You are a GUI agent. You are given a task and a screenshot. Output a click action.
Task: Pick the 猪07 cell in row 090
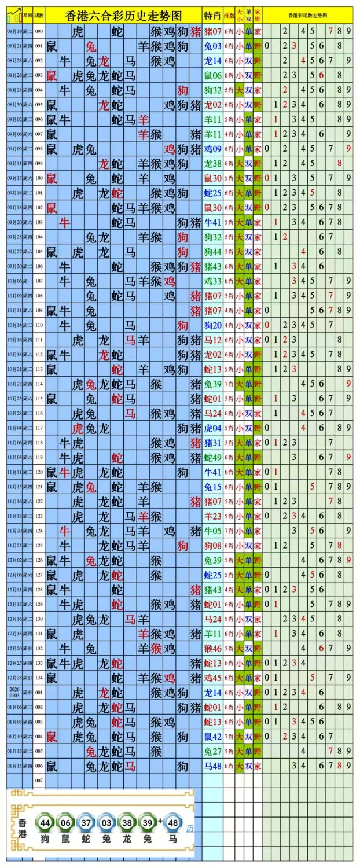(x=212, y=31)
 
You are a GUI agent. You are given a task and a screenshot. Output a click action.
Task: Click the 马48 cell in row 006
(x=212, y=766)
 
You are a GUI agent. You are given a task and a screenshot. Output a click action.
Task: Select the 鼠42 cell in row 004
(x=212, y=737)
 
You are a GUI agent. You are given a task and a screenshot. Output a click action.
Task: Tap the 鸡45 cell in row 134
(x=212, y=678)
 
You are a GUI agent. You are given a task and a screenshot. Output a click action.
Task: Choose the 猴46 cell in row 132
(x=212, y=648)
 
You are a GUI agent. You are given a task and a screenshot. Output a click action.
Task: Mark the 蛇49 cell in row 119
(x=212, y=457)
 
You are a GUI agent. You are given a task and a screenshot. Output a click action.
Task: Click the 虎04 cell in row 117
(x=212, y=428)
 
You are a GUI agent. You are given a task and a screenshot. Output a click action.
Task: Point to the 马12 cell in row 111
(x=212, y=340)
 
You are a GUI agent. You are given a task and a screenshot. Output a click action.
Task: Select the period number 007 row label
(x=39, y=781)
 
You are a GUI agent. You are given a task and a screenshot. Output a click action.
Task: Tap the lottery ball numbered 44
(x=45, y=822)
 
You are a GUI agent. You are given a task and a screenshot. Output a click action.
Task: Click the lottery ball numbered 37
(x=86, y=822)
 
